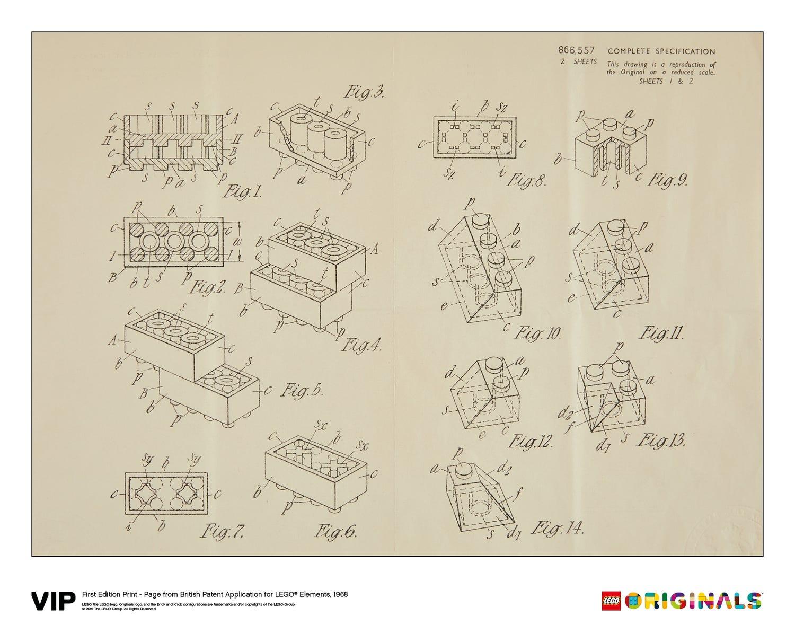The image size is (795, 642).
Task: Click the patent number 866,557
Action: tap(576, 51)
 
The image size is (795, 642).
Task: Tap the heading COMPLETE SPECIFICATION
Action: tap(661, 51)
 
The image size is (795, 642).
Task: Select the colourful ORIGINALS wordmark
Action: tap(693, 601)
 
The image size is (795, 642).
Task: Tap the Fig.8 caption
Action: tap(526, 181)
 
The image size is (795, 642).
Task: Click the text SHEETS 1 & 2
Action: tap(666, 81)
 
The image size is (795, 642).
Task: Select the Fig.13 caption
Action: tap(661, 441)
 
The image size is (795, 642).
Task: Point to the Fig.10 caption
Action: tap(537, 335)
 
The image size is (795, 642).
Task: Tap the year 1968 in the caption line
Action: tap(339, 594)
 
